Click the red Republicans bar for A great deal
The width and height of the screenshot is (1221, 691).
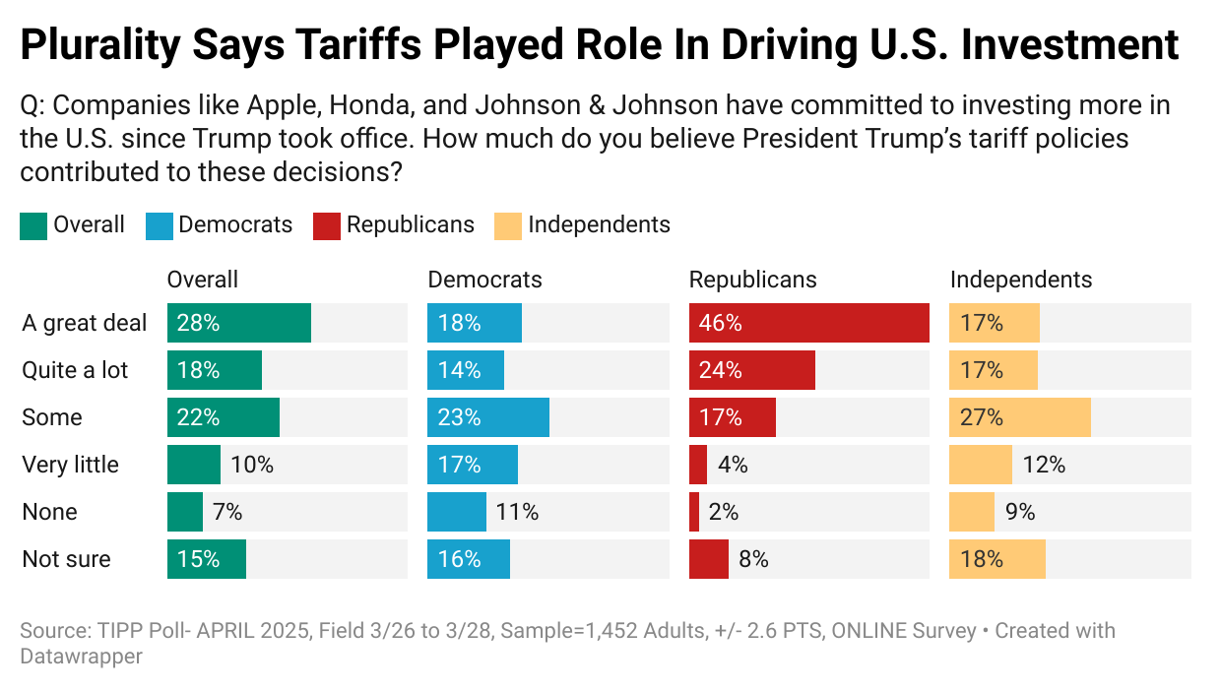click(808, 323)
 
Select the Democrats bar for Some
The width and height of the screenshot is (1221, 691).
click(487, 417)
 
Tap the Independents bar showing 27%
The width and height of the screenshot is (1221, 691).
click(1019, 417)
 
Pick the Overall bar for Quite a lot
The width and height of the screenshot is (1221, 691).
click(214, 370)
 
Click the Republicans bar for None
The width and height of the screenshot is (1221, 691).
click(694, 512)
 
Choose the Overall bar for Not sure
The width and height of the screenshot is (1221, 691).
click(206, 559)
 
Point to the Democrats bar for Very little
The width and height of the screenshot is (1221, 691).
click(472, 465)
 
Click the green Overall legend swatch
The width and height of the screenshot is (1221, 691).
click(32, 225)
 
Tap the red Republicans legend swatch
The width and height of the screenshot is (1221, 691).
click(326, 225)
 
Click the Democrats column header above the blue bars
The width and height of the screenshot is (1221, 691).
click(484, 280)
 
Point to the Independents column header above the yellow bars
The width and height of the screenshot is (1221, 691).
click(1020, 280)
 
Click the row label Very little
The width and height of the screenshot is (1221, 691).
click(70, 465)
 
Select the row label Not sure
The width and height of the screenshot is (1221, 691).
click(66, 559)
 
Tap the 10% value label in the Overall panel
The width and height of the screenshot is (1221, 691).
click(251, 465)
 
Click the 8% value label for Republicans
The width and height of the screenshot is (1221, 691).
click(753, 559)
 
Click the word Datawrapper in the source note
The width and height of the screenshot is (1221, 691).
click(81, 656)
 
